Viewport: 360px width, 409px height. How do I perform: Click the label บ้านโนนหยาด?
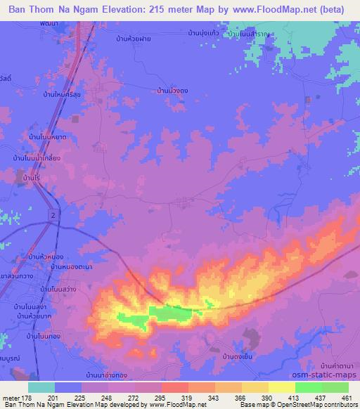tap(48, 137)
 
